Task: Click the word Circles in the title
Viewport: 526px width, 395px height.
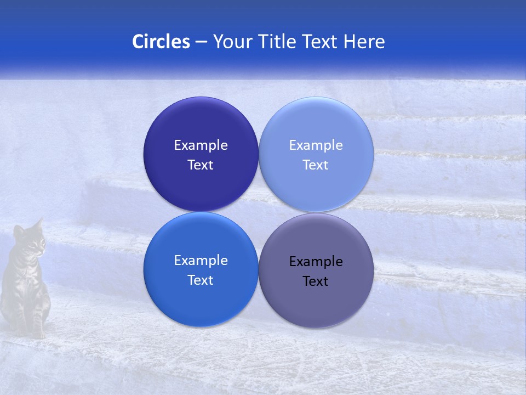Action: (x=161, y=42)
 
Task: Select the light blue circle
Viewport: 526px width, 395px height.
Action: (x=316, y=126)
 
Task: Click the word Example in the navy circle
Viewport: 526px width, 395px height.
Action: (x=201, y=145)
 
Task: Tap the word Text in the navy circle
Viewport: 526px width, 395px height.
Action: (x=201, y=165)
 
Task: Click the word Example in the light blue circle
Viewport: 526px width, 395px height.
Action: (x=316, y=145)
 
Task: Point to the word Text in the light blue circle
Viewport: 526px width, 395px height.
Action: (x=316, y=165)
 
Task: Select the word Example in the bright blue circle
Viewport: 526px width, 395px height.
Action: (x=201, y=260)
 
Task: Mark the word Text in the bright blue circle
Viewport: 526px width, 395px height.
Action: (x=201, y=280)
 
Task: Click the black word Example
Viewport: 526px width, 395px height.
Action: (x=316, y=261)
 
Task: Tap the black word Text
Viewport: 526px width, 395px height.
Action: (x=316, y=281)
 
